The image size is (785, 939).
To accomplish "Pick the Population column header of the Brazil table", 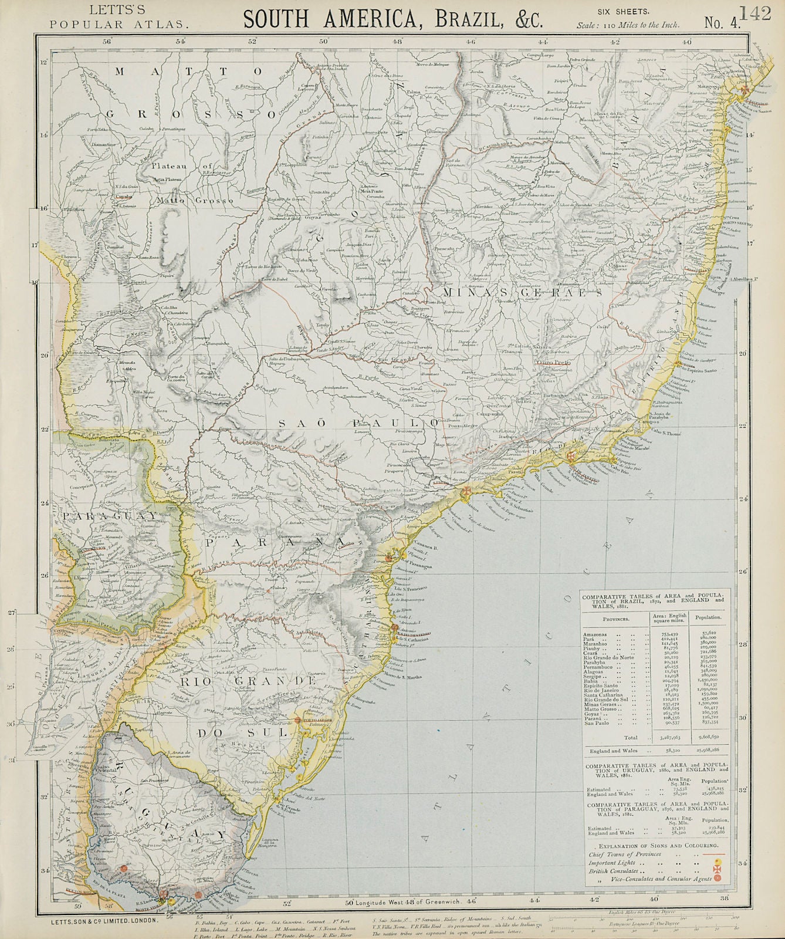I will (x=709, y=618).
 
